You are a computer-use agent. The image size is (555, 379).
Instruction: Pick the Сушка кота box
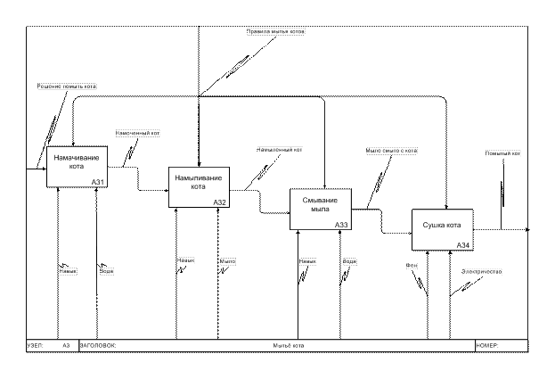[442, 228]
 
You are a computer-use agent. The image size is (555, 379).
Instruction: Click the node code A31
[98, 182]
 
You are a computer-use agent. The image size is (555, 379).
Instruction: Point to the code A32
[220, 203]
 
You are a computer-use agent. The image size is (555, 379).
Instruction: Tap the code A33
[341, 225]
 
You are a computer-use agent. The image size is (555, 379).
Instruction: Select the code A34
[463, 245]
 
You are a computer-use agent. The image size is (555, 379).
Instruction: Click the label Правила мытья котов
[276, 31]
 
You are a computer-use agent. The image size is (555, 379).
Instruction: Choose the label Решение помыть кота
[67, 86]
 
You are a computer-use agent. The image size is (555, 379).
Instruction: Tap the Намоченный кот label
[138, 133]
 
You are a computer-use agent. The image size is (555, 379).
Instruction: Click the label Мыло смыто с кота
[392, 151]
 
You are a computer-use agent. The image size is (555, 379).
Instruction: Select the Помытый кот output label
[503, 153]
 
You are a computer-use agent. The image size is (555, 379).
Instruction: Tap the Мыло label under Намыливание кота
[228, 260]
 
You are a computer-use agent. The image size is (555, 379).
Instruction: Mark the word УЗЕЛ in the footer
[36, 345]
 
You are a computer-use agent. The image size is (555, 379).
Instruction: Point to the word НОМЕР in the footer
[488, 345]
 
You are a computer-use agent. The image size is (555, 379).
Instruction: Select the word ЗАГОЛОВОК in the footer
[98, 345]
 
